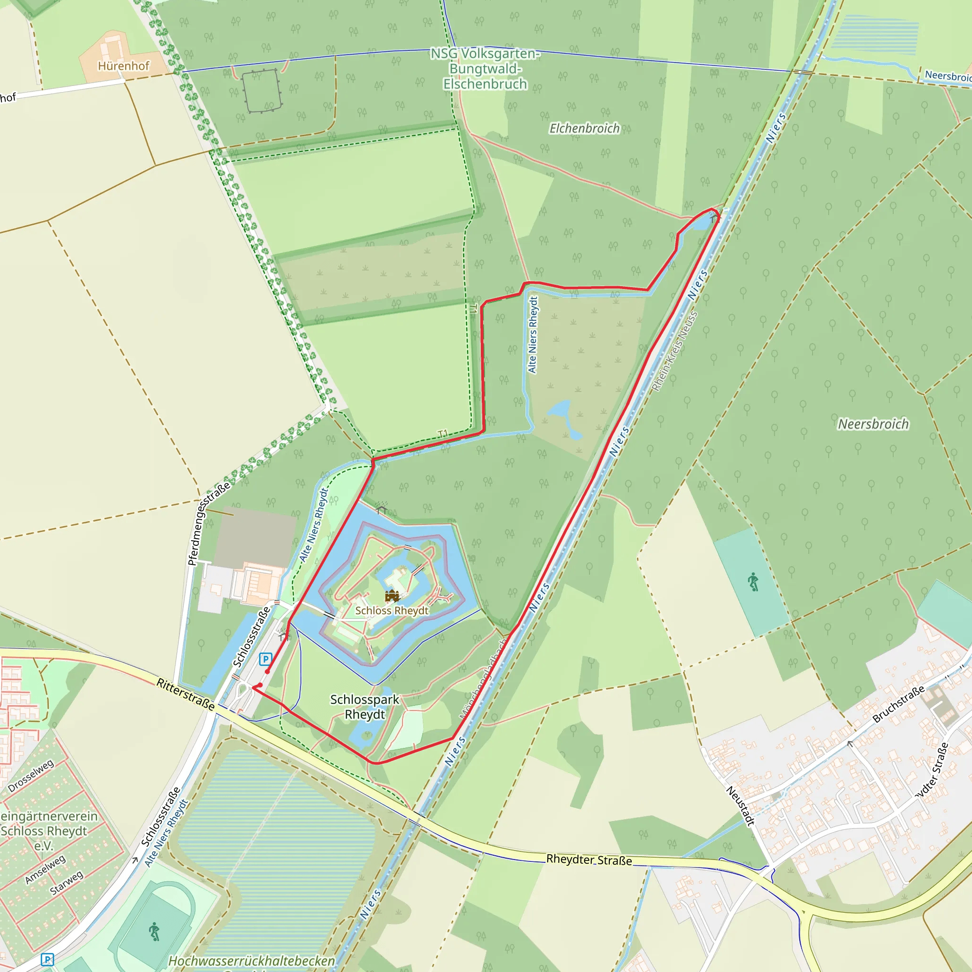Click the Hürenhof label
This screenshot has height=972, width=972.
tap(124, 66)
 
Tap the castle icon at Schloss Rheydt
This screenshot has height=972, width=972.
tap(392, 596)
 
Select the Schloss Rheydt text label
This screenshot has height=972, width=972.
tap(392, 610)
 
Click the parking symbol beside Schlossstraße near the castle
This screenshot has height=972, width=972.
tap(265, 659)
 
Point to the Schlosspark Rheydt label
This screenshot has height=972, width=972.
tap(365, 707)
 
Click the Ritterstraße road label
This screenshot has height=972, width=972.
tap(186, 694)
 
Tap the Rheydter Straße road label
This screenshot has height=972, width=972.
tap(589, 860)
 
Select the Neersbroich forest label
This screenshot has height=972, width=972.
tap(873, 424)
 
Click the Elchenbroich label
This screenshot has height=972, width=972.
tap(585, 129)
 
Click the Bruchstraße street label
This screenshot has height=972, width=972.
tap(898, 704)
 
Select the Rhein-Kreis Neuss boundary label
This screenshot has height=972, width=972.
tap(675, 351)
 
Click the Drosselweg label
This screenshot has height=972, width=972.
tap(31, 776)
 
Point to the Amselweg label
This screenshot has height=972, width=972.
tap(45, 869)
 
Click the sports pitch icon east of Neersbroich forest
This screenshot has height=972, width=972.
tap(753, 582)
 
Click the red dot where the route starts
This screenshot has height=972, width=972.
tap(267, 672)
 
